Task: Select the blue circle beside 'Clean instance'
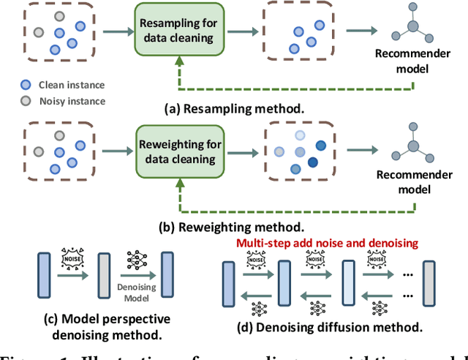pos(26,85)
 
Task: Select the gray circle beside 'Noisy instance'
pos(26,101)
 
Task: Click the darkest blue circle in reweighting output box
pos(319,144)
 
